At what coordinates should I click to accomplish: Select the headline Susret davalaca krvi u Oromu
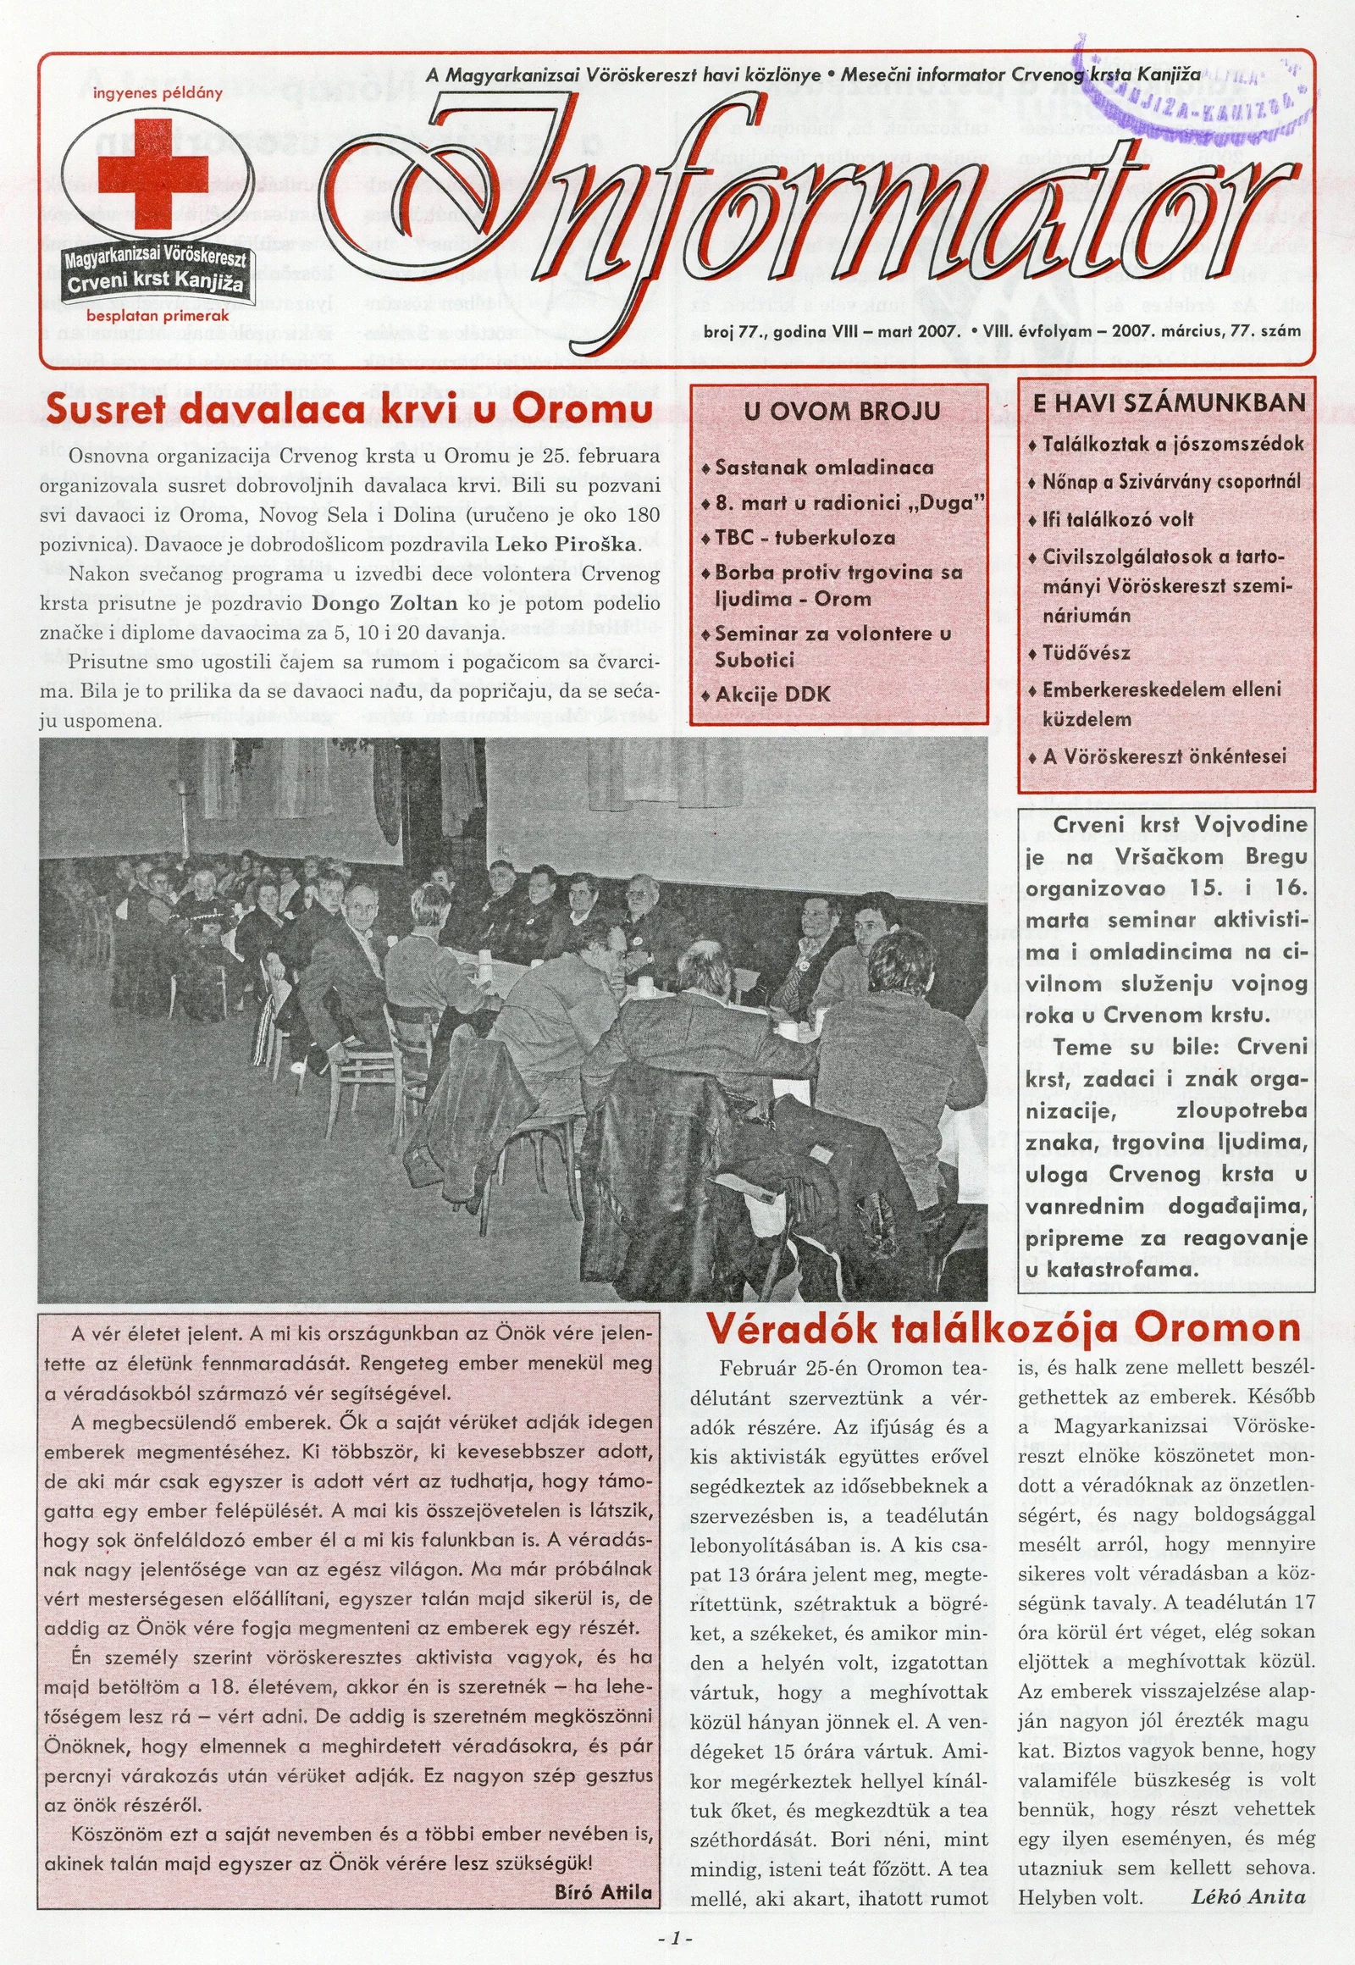[x=349, y=409]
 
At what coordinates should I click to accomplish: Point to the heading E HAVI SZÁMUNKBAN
[x=1168, y=402]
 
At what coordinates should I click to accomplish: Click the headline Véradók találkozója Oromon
[x=1004, y=1329]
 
